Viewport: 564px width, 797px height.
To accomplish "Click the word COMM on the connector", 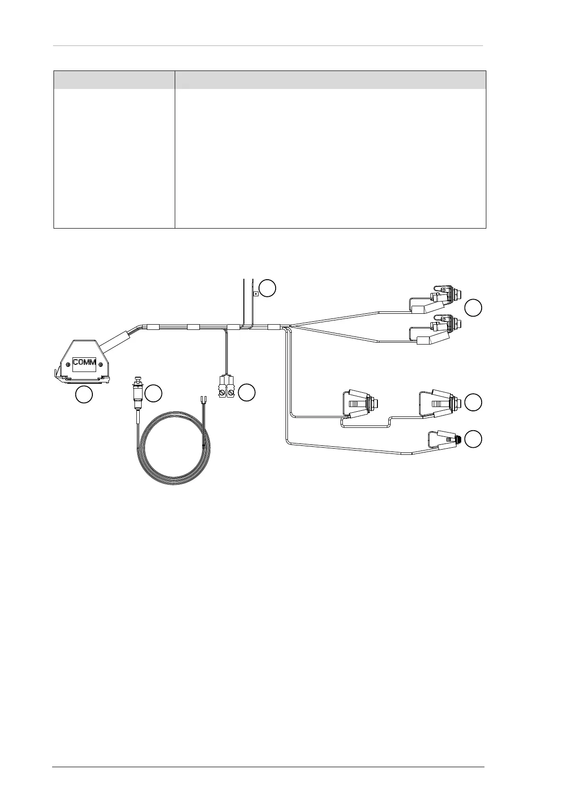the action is pos(85,363).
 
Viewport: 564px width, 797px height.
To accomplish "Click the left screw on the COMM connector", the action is pos(69,363).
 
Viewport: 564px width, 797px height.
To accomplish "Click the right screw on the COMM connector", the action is pos(101,363).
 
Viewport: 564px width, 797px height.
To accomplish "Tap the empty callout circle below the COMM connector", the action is pos(84,395).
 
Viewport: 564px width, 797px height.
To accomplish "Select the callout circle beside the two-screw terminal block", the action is pos(247,392).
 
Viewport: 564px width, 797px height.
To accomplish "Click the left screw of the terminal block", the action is pos(222,392).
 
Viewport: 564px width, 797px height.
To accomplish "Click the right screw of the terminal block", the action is pos(231,392).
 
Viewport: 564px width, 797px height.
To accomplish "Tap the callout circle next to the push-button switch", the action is pos(153,393).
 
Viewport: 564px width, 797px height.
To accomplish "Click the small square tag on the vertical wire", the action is pos(256,294).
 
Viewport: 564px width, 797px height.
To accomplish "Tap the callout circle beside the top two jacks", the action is pos(473,308).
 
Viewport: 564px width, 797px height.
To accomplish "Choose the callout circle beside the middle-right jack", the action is pos(473,402).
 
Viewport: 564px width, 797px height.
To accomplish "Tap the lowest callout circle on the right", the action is pos(473,439).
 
